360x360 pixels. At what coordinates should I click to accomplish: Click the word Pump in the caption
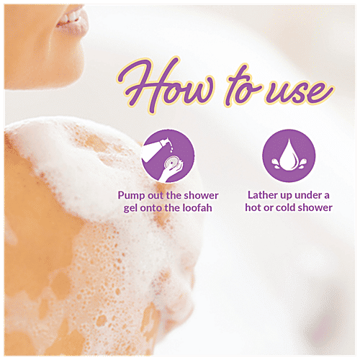point(133,195)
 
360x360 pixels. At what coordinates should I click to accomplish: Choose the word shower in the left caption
point(199,195)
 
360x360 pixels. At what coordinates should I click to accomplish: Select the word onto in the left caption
point(153,208)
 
